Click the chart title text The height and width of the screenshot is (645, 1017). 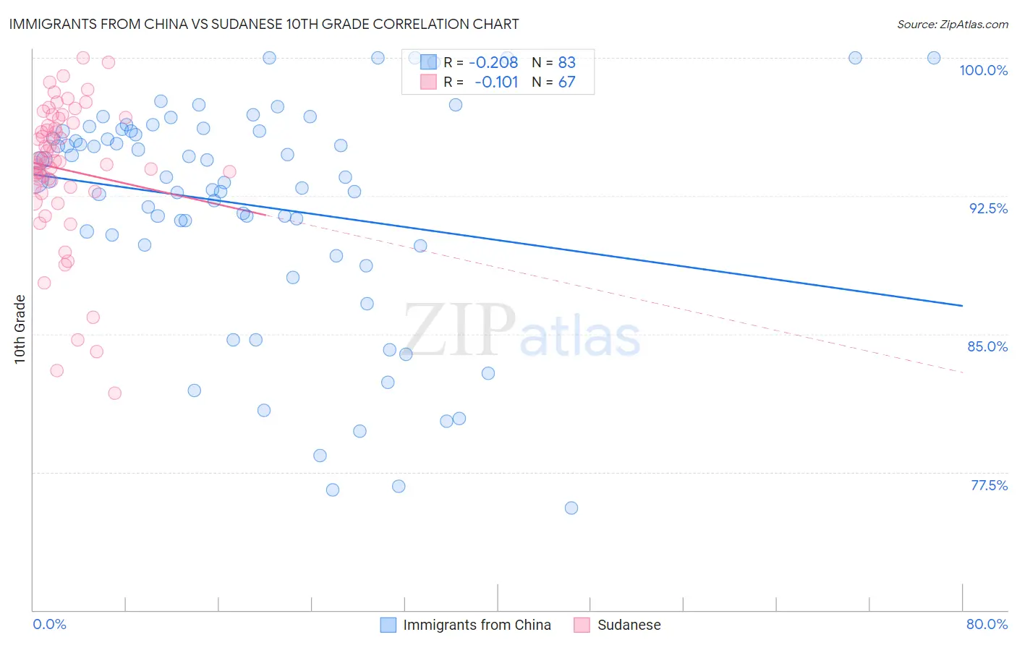click(x=263, y=24)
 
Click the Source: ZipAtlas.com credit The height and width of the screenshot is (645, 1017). click(x=952, y=24)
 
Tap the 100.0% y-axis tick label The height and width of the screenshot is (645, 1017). click(x=983, y=70)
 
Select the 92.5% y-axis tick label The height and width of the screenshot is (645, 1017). click(x=988, y=208)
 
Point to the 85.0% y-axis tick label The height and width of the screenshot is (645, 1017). click(x=987, y=346)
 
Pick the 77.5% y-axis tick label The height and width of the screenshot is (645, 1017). click(x=989, y=485)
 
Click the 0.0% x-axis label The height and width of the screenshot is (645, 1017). click(x=49, y=624)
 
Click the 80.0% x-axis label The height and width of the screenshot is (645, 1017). click(x=987, y=624)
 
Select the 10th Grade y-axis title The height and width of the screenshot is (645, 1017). click(x=20, y=329)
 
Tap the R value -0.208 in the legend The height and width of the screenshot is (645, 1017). click(x=493, y=63)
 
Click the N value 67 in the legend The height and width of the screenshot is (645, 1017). click(x=566, y=82)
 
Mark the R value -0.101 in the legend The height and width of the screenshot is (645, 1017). click(x=496, y=82)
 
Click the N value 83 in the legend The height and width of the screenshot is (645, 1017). click(x=566, y=63)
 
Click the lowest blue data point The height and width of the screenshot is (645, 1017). click(x=571, y=508)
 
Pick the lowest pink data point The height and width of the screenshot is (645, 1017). click(x=114, y=393)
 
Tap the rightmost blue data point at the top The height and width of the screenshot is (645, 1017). click(x=934, y=58)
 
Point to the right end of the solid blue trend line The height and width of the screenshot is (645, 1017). click(x=962, y=306)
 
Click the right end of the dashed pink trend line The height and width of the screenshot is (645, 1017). click(x=963, y=372)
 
